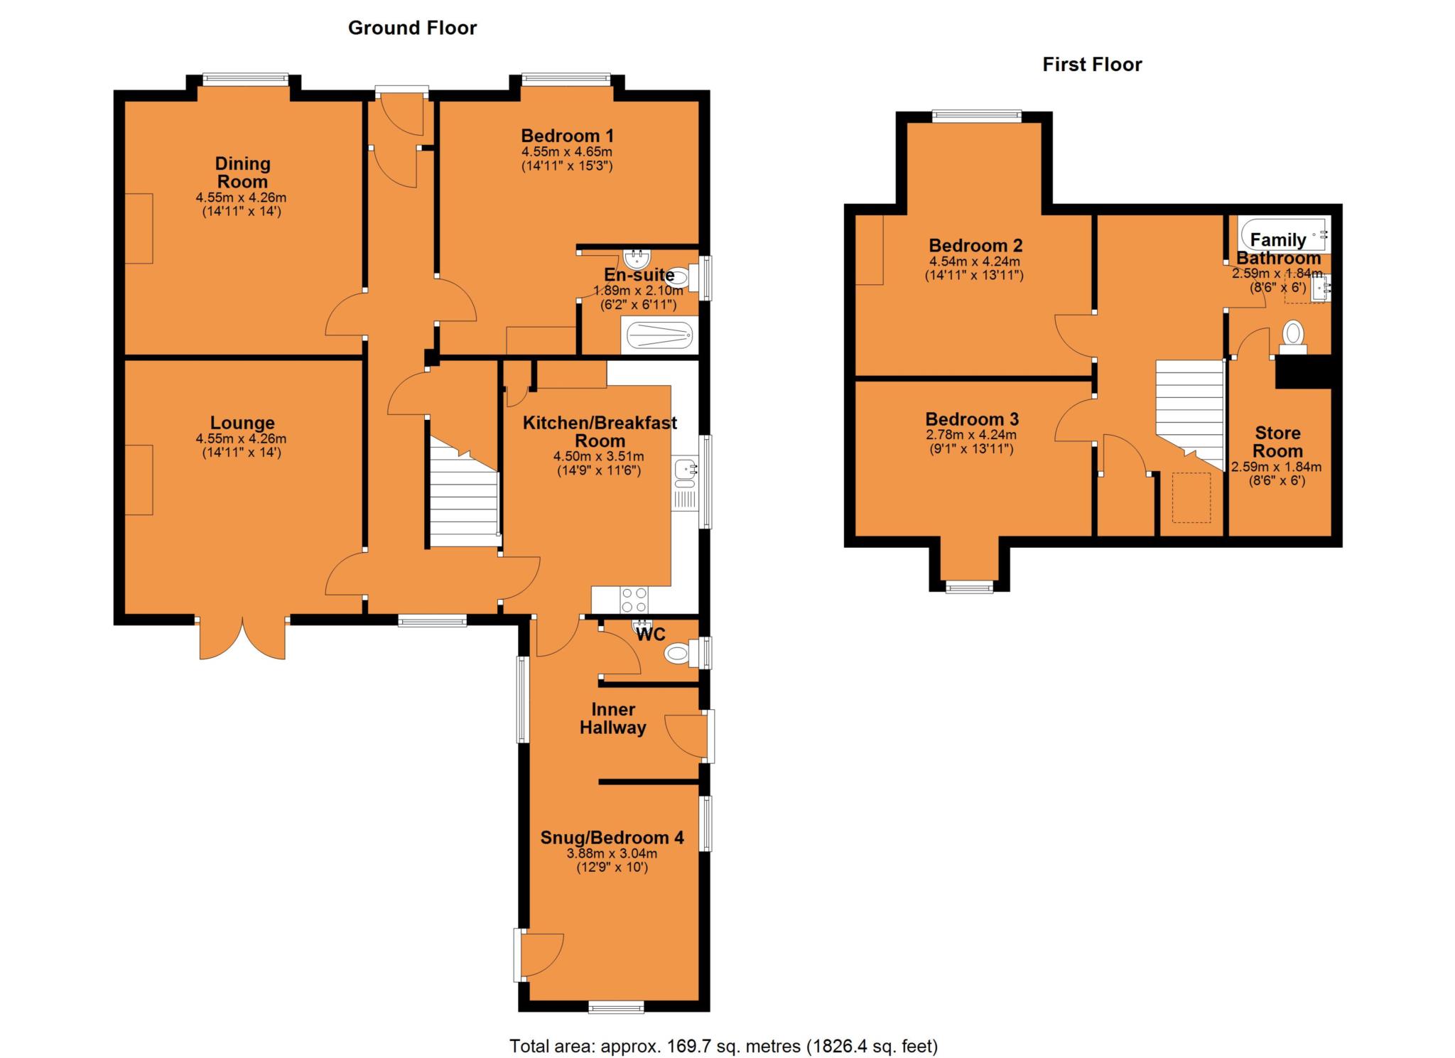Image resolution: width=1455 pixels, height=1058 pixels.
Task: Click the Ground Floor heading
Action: point(412,28)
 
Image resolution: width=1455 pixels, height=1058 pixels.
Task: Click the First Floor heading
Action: point(1092,65)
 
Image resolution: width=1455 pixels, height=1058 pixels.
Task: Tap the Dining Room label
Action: point(242,173)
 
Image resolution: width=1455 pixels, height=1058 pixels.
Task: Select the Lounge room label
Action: point(242,422)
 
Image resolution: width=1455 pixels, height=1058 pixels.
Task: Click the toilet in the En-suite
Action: point(681,276)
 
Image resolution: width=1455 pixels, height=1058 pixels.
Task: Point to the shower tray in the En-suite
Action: point(657,335)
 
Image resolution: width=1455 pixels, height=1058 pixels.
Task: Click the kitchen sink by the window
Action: point(685,470)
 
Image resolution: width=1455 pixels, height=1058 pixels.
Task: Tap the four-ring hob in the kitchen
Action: point(634,599)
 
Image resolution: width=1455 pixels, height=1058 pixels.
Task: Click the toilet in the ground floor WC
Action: point(678,653)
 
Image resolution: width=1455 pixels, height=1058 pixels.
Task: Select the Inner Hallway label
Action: point(612,718)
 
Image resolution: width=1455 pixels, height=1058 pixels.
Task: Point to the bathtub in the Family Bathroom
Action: point(1282,234)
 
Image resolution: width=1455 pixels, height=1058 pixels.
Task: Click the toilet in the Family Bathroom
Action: point(1293,336)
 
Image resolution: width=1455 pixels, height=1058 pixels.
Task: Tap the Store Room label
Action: point(1277,441)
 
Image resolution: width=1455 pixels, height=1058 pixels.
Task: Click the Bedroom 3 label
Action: point(971,419)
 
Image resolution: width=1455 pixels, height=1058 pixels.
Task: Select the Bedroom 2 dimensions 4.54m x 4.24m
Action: point(974,261)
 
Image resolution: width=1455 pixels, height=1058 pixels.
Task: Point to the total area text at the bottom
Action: point(723,1046)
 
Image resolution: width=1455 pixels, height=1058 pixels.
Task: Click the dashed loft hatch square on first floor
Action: point(1191,497)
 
